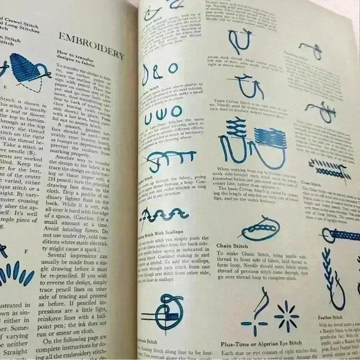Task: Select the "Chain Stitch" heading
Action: click(x=235, y=246)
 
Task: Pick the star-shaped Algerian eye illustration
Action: click(x=287, y=317)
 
